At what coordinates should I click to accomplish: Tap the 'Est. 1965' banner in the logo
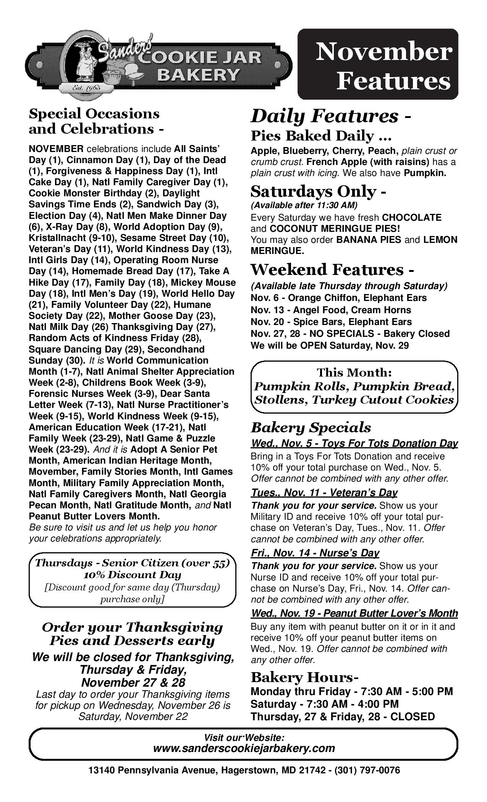(x=87, y=88)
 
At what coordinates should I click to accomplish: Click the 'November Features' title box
(x=378, y=64)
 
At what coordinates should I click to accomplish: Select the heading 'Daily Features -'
(x=330, y=116)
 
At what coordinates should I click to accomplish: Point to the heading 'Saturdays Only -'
(x=318, y=191)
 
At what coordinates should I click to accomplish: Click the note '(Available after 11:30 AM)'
(x=304, y=205)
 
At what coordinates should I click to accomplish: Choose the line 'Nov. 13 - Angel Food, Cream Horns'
(x=331, y=310)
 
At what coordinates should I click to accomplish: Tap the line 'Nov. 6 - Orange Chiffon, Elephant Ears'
(x=339, y=298)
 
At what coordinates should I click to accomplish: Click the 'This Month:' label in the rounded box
(x=354, y=372)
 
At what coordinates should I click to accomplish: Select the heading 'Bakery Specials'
(x=311, y=427)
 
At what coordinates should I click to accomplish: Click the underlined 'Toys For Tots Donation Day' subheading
(x=354, y=443)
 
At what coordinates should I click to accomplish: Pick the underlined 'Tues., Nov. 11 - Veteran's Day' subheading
(x=324, y=493)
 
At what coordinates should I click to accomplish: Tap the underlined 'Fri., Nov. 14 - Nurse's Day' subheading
(x=315, y=553)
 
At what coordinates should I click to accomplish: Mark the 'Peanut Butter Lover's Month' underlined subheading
(x=354, y=613)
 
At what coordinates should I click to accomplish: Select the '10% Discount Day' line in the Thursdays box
(x=132, y=575)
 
